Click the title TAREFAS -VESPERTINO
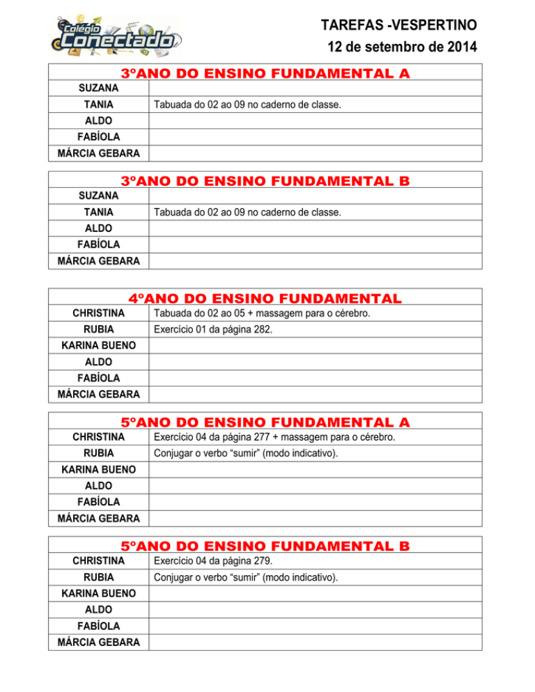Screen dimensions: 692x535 coord(398,26)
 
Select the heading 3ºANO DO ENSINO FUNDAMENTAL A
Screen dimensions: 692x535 coord(265,73)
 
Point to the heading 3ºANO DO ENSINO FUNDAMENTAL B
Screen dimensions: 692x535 coord(265,181)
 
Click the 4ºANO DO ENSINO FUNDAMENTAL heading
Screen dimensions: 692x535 coord(265,298)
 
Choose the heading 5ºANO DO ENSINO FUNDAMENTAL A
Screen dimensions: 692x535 coord(265,422)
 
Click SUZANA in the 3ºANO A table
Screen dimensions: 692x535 coord(98,88)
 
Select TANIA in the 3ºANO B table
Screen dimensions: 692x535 coord(98,212)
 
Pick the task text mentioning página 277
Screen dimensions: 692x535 coord(274,437)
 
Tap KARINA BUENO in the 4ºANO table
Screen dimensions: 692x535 coord(98,345)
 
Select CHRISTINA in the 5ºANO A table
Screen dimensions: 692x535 coord(98,437)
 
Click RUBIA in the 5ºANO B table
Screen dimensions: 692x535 coord(98,577)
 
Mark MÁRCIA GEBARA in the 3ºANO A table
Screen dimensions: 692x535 coord(98,153)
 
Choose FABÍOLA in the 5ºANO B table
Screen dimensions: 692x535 coord(98,625)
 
